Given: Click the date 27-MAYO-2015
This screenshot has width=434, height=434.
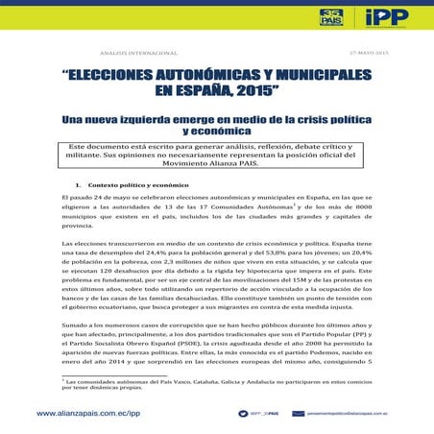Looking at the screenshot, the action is point(368,53).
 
